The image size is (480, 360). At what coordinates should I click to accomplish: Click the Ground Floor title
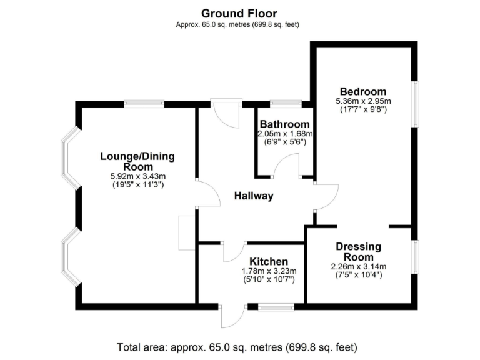[x=239, y=13]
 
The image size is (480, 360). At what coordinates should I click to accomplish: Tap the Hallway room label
[x=254, y=196]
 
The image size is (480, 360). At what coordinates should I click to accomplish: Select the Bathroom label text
[x=284, y=124]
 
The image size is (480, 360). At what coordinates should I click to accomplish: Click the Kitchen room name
[x=269, y=261]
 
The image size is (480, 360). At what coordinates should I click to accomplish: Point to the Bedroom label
[x=362, y=91]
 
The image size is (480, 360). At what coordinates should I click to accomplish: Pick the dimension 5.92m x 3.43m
[x=137, y=177]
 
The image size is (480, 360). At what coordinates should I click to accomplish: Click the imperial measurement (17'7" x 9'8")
[x=362, y=109]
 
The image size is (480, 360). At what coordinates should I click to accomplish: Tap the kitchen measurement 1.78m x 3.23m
[x=269, y=271]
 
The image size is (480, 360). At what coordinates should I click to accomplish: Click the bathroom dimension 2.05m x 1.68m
[x=285, y=134]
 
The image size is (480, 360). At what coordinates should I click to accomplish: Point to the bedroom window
[x=414, y=104]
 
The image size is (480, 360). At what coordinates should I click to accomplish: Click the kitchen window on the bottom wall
[x=276, y=307]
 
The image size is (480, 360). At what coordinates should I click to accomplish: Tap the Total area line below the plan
[x=237, y=347]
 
